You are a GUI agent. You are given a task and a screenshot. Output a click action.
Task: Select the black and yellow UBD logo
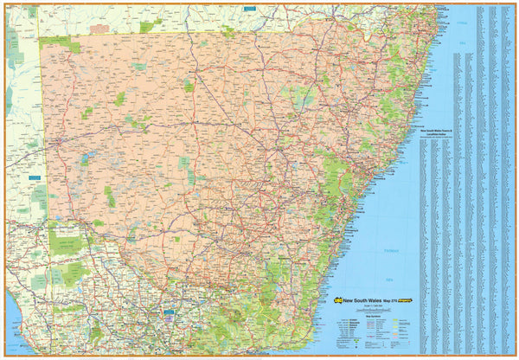coord(338,300)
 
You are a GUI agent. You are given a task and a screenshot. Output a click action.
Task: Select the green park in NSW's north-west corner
coord(61,42)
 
